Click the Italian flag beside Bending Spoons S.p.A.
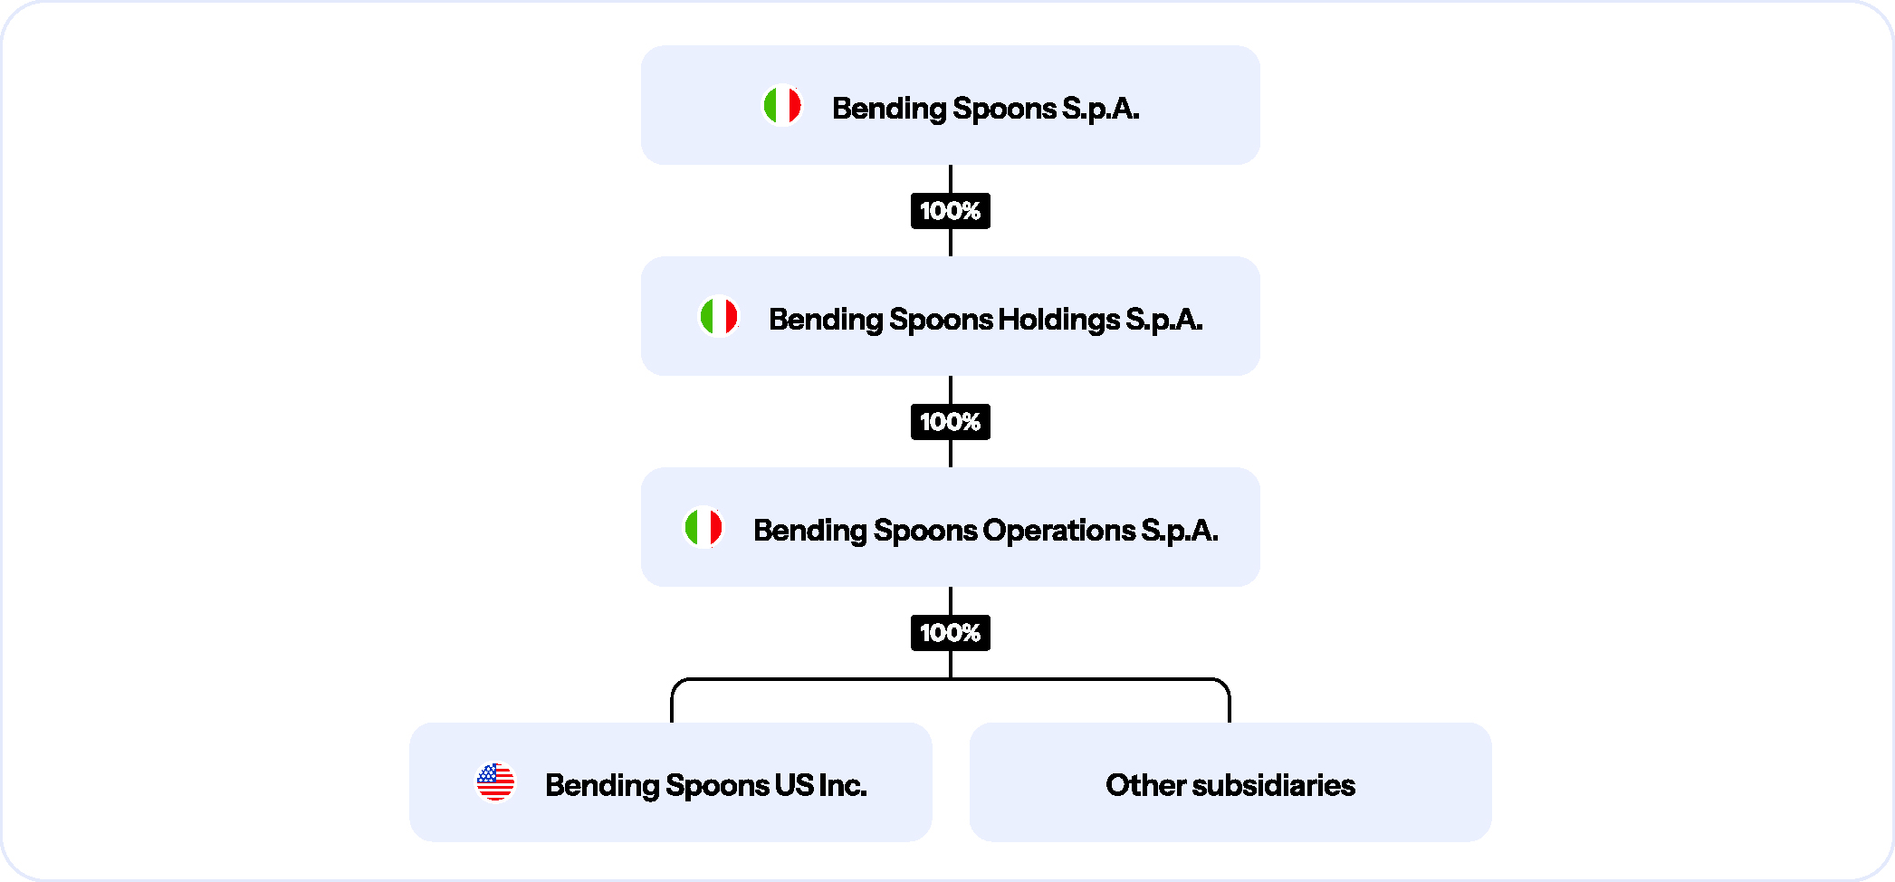pyautogui.click(x=782, y=105)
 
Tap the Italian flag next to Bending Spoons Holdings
pyautogui.click(x=719, y=316)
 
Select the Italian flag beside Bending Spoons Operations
pyautogui.click(x=703, y=527)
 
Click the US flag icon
pyautogui.click(x=495, y=781)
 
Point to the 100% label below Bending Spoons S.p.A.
pyautogui.click(x=951, y=211)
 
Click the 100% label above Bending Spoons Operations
pyautogui.click(x=951, y=422)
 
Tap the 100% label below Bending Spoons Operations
pyautogui.click(x=951, y=633)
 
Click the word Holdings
pyautogui.click(x=1058, y=320)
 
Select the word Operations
pyautogui.click(x=1059, y=530)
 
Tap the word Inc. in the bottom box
pyautogui.click(x=842, y=785)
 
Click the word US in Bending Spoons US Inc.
pyautogui.click(x=794, y=785)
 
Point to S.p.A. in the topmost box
pyautogui.click(x=1101, y=109)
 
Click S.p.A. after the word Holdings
pyautogui.click(x=1164, y=320)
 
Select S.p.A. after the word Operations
pyautogui.click(x=1180, y=531)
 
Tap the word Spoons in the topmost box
pyautogui.click(x=1005, y=110)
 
